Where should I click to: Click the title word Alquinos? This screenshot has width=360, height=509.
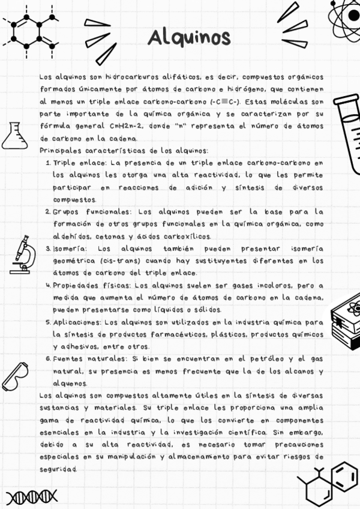[189, 37]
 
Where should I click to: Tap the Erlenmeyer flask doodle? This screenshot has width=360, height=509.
[14, 135]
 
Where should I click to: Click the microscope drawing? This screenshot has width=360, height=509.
[22, 254]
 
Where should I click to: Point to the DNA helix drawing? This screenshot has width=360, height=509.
[31, 496]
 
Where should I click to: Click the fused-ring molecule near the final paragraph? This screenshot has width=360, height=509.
[327, 483]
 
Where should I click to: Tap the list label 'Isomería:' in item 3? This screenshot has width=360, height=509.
[70, 249]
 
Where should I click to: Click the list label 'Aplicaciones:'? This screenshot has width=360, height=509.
[77, 322]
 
